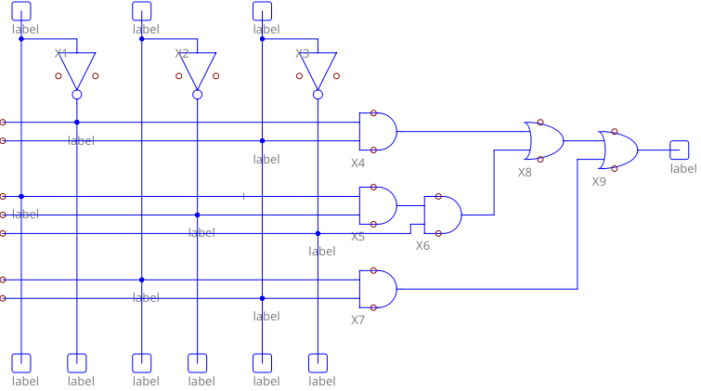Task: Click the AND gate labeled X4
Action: pos(378,132)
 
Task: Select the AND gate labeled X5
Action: pos(378,205)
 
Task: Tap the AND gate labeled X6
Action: pos(443,215)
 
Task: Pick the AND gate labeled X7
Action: pos(378,289)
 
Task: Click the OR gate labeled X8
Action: pos(544,140)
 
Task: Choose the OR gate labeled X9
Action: pos(618,150)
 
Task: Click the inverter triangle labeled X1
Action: pos(77,69)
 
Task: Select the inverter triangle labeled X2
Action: pos(197,69)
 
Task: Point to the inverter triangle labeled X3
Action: pos(318,69)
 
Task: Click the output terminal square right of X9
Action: pos(680,150)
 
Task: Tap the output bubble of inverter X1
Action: pos(77,95)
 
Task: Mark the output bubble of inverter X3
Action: pos(318,95)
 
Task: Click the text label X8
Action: pos(525,172)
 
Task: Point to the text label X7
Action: pos(357,320)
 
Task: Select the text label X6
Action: pos(422,246)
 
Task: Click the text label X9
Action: pos(599,181)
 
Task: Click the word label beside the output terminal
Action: pos(683,168)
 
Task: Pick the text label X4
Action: pos(357,163)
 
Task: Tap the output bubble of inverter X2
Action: pos(197,95)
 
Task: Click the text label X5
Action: pos(357,237)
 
